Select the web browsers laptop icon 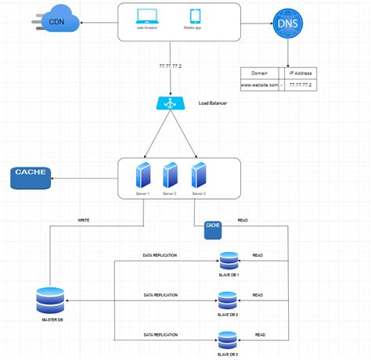click(x=146, y=16)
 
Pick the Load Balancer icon click(x=167, y=104)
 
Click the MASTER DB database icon click(x=51, y=300)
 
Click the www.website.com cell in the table click(x=260, y=85)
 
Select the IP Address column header click(x=302, y=72)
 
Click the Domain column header click(x=260, y=72)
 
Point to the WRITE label click(x=84, y=221)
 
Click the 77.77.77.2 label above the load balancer click(x=170, y=68)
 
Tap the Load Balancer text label click(x=212, y=103)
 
